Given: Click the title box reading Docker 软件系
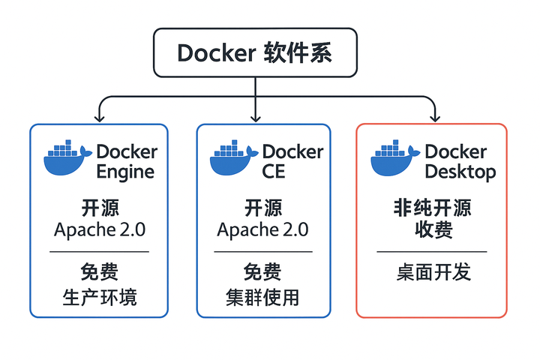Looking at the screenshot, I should pos(255,53).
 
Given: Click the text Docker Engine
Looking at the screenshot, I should pos(126,161).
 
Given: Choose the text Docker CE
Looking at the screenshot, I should pos(292,161).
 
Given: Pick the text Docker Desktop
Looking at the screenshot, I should pos(460,161).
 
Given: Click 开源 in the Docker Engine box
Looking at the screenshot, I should pos(99,208).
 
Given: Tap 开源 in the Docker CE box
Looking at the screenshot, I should pos(262,208).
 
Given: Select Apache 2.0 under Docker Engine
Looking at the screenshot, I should pos(99,229).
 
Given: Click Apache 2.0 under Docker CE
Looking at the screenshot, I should pos(262,229).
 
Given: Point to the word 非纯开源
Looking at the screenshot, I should pos(432,208).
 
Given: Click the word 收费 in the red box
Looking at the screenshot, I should pos(432,229).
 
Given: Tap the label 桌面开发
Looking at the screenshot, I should pos(433,272).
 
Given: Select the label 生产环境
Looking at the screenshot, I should pos(99,297).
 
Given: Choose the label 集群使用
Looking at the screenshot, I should pos(262,297).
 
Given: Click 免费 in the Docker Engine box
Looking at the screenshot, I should pos(99,271).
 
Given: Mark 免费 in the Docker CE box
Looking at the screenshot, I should pos(262,271).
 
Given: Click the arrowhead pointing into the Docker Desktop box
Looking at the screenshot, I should pos(433,117).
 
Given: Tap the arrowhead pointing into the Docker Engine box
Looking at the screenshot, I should pos(98,117).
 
